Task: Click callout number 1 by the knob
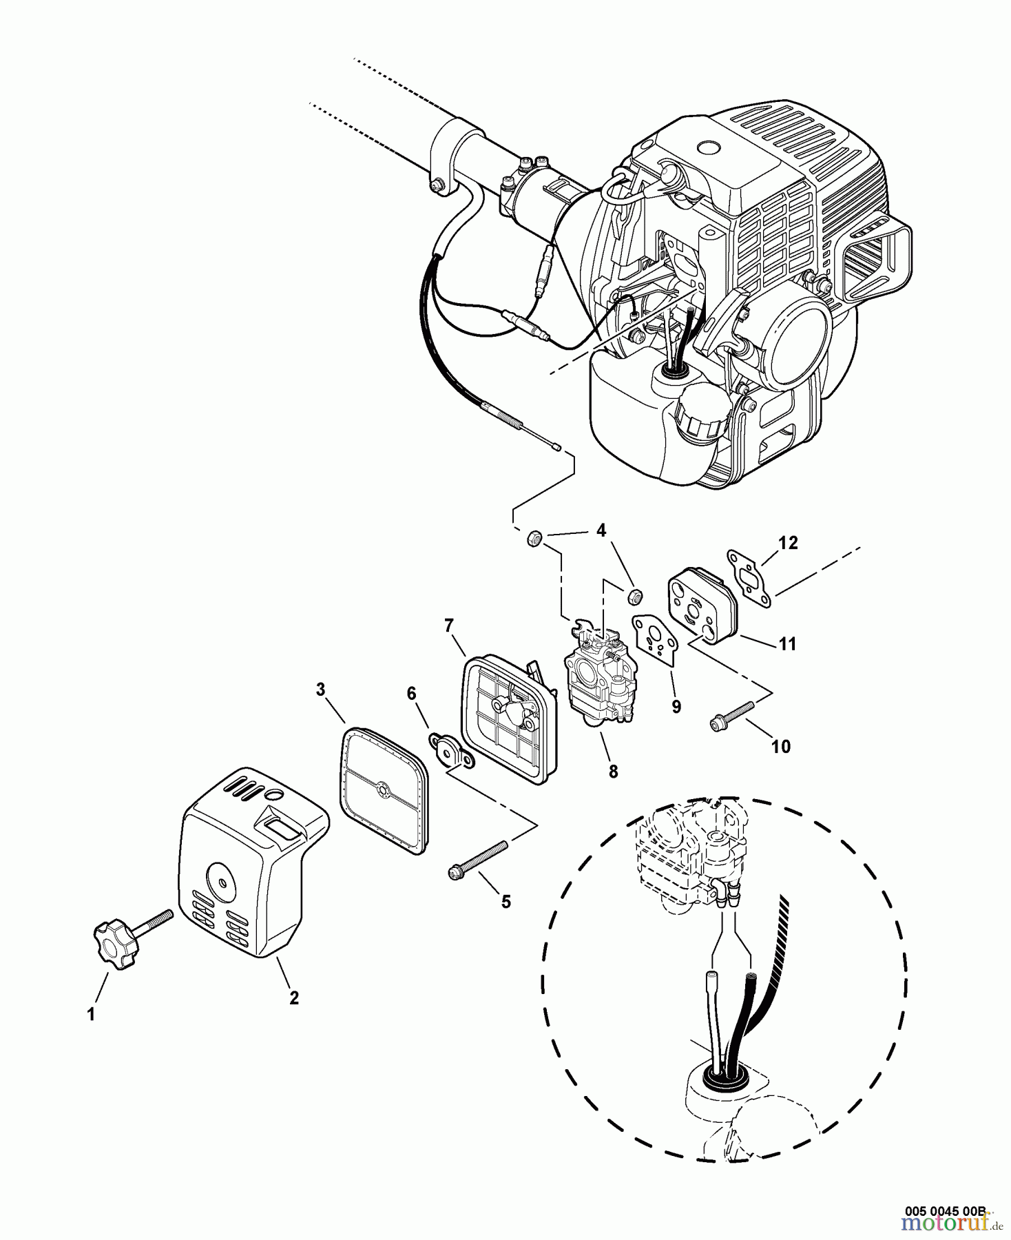(x=91, y=1015)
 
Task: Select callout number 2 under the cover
(x=293, y=998)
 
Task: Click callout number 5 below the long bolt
(x=506, y=902)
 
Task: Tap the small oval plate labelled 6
(x=452, y=753)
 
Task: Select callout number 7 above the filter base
(x=448, y=626)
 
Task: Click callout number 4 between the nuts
(x=601, y=530)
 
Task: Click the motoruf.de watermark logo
(x=951, y=1224)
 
